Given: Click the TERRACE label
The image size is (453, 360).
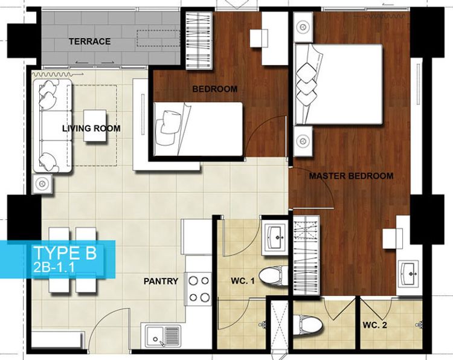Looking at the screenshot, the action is tap(89, 41).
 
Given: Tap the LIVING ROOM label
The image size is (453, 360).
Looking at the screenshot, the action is tap(91, 128).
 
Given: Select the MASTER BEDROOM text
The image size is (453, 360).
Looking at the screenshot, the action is tap(351, 176).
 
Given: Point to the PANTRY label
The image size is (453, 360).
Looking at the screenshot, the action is tap(161, 281).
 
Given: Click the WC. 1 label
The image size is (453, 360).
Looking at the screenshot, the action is tap(243, 281).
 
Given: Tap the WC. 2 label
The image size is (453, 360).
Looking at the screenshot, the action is tap(374, 326).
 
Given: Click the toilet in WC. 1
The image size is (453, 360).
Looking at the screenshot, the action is tap(273, 276).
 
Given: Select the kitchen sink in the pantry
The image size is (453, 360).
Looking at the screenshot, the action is tap(163, 336).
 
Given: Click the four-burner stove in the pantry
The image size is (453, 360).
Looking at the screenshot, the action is tap(199, 289).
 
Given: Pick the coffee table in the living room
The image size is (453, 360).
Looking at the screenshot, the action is tap(95, 126).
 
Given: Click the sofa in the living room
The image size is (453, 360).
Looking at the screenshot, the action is tap(53, 126).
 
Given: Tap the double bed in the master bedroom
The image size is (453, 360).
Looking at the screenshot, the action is tap(338, 85).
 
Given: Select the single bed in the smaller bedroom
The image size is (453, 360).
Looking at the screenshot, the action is tap(198, 129).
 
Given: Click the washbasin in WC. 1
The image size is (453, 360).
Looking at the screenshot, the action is tap(275, 237).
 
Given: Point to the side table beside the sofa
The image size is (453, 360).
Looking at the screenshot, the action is tap(42, 184).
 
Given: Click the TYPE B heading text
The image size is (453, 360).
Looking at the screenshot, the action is tap(65, 253).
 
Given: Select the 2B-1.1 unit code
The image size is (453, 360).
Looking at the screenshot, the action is tap(54, 267).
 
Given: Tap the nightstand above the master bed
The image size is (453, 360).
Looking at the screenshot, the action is tap(303, 27).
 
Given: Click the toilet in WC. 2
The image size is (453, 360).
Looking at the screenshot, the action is tap(307, 326).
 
